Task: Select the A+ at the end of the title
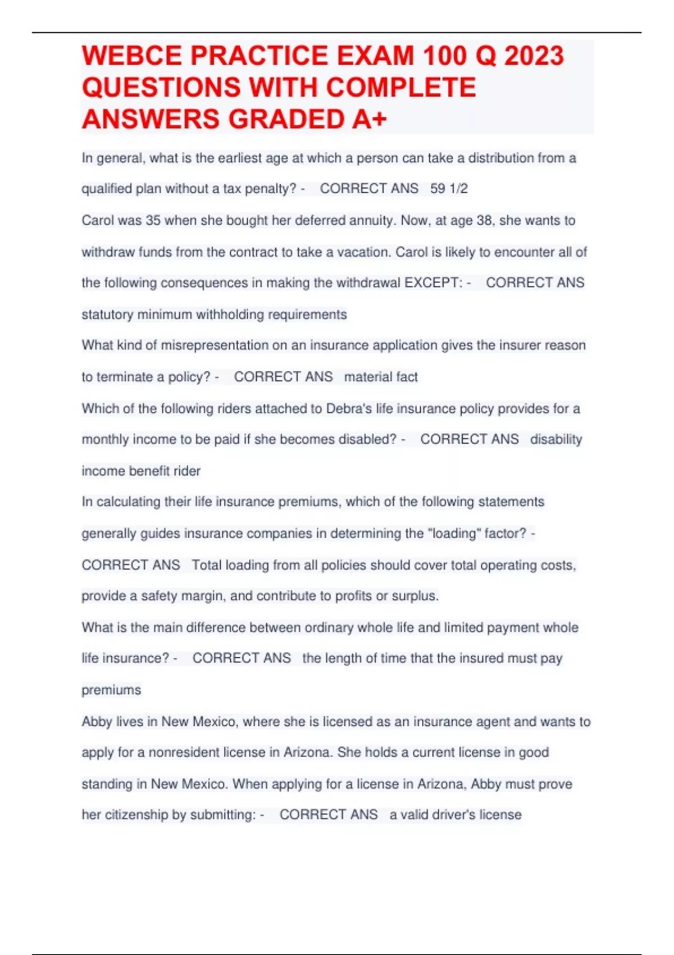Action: click(370, 119)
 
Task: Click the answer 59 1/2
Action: click(449, 189)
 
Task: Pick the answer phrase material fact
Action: click(381, 377)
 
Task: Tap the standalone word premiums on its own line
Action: click(111, 690)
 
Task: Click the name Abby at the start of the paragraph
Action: click(97, 721)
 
